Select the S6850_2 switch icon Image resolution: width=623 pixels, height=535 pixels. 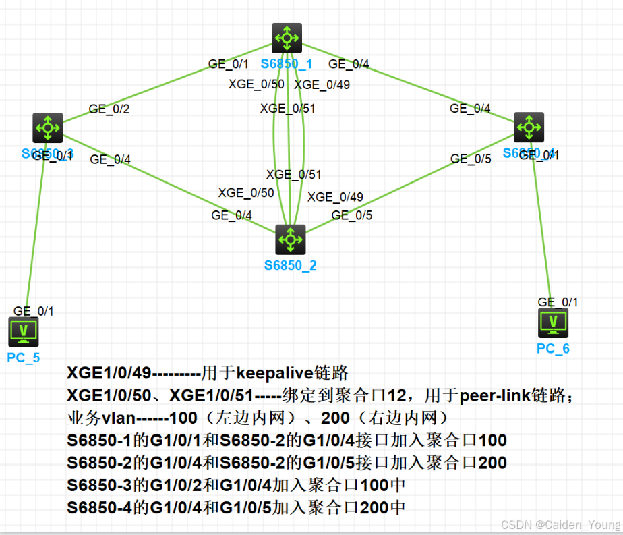point(291,239)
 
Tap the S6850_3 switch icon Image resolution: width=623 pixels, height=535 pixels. point(47,127)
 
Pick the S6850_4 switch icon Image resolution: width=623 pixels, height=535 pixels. point(529,127)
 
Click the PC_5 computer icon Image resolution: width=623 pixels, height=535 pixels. point(24,332)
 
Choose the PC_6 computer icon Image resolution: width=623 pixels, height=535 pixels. point(554,323)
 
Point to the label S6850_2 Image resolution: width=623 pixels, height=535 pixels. point(290,265)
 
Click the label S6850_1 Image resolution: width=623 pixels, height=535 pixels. point(287,64)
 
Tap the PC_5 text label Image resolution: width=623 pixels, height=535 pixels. point(24,358)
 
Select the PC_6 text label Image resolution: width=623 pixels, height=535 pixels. point(553,348)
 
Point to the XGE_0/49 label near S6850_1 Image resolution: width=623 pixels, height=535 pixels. point(322,84)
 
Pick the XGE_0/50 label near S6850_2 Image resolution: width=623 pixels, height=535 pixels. point(246,193)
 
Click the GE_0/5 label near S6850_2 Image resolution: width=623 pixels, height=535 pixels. point(351,215)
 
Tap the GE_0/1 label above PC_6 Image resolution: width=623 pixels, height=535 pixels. point(558,302)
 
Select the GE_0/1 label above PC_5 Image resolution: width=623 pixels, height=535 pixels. point(33,311)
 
